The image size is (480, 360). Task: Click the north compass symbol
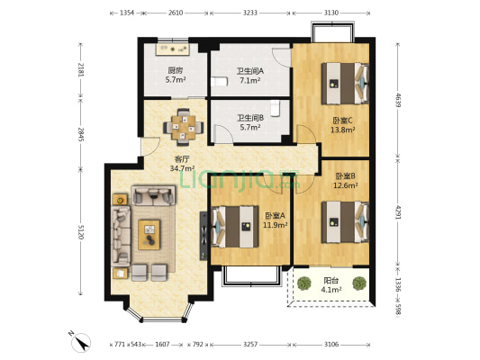pos(80,342)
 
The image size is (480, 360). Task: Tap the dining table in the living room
pos(184,127)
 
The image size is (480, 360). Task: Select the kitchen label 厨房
pos(176,71)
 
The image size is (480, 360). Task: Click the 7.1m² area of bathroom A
pos(250,80)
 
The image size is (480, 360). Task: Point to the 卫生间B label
pos(250,118)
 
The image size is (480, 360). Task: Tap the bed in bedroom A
pos(234,226)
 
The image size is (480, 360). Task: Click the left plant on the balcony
pos(304,283)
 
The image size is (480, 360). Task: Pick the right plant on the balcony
pos(358,283)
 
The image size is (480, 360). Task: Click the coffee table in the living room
pos(149,235)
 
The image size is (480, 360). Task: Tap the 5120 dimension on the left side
pos(81,232)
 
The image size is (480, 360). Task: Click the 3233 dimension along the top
pos(249,13)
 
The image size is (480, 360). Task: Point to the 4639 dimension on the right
pos(398,100)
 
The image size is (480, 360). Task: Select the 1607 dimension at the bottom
pos(162,345)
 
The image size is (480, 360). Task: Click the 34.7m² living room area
pos(183,168)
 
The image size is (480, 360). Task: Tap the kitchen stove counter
pos(174,49)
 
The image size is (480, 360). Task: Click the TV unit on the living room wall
pos(204,236)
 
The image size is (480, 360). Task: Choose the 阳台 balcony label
pos(331,281)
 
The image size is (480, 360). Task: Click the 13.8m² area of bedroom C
pos(342,130)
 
